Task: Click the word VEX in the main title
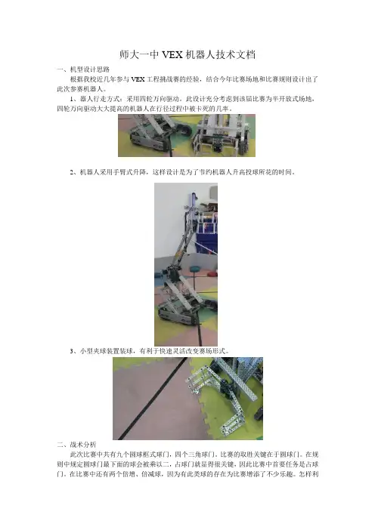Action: (x=172, y=54)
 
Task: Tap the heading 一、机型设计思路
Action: (x=83, y=69)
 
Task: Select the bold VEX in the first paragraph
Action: (x=138, y=79)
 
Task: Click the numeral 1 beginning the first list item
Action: (x=72, y=99)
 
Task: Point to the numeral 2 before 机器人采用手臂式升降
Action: (x=72, y=172)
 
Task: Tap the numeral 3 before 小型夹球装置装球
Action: (x=72, y=351)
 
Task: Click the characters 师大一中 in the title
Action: (x=139, y=54)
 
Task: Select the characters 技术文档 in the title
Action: (x=236, y=54)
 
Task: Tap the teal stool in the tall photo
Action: (x=195, y=269)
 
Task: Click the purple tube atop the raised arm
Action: (x=194, y=199)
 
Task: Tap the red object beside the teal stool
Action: (x=212, y=273)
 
